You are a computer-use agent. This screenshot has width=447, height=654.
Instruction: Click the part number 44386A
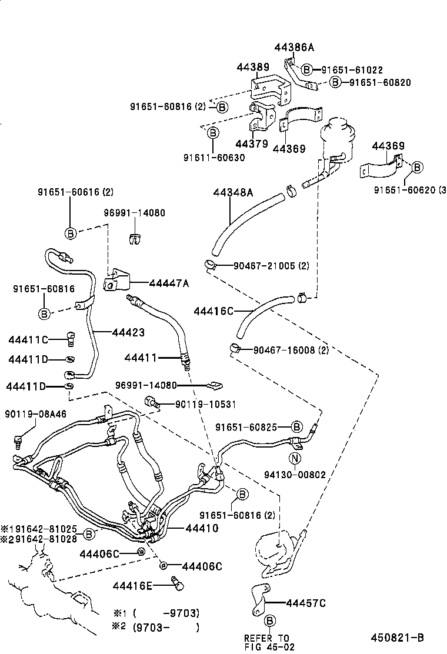tap(295, 47)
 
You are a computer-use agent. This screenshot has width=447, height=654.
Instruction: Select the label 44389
tap(253, 69)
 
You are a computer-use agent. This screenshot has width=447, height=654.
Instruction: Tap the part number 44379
tap(251, 144)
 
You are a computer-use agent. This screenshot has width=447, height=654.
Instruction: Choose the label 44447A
tap(169, 283)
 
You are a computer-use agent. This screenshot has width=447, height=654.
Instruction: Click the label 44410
tap(202, 528)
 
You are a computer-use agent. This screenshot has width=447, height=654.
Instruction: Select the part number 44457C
tap(306, 603)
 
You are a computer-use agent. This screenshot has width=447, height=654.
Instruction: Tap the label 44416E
tap(132, 585)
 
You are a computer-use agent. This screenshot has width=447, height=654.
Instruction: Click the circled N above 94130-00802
tap(295, 459)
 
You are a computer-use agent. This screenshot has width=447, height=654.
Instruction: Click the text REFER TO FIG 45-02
tap(267, 642)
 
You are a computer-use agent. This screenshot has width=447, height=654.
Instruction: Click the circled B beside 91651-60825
tap(297, 427)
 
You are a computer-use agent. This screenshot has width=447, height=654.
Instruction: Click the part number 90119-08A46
tap(36, 414)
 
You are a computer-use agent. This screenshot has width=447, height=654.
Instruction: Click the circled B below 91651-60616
tap(69, 233)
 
